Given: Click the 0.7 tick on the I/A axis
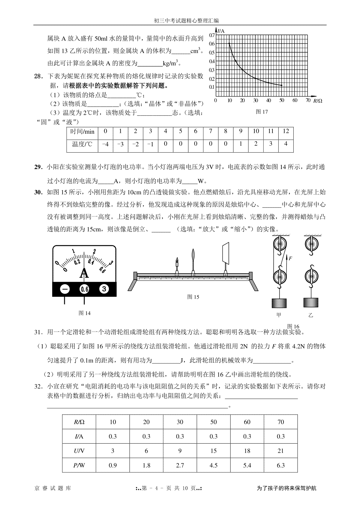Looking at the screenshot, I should (212, 35).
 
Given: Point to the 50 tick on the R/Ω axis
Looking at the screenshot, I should (281, 100).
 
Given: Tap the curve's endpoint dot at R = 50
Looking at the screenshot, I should (282, 85).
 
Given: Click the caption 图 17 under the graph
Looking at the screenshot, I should (262, 112).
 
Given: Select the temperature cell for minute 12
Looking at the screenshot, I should (286, 144).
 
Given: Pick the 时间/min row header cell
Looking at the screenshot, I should (82, 131).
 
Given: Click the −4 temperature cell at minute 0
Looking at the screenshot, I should (105, 144).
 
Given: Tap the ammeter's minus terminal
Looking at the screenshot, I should (65, 289).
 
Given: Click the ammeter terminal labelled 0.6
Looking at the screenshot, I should (84, 289).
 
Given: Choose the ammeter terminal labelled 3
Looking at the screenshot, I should (104, 289).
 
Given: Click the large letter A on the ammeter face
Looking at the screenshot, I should (85, 273).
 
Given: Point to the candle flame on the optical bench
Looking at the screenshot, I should (177, 260).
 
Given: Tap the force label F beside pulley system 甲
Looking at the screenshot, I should (290, 257).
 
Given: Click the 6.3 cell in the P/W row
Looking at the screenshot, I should (280, 465).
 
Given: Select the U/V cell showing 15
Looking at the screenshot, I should (213, 451).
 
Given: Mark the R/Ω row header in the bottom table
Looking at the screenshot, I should (79, 422).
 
